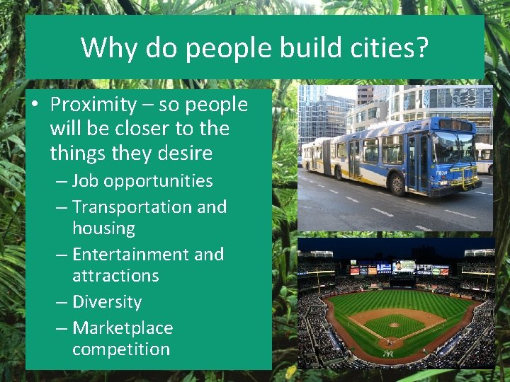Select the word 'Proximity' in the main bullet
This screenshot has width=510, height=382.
[93, 105]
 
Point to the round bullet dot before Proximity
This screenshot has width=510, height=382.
[35, 105]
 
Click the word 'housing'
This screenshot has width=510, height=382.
[103, 228]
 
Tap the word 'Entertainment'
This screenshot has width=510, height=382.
[129, 255]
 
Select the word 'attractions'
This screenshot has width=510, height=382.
[115, 276]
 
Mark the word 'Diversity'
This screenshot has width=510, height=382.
[107, 302]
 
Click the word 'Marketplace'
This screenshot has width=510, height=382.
[123, 328]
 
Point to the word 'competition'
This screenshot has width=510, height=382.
[121, 349]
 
